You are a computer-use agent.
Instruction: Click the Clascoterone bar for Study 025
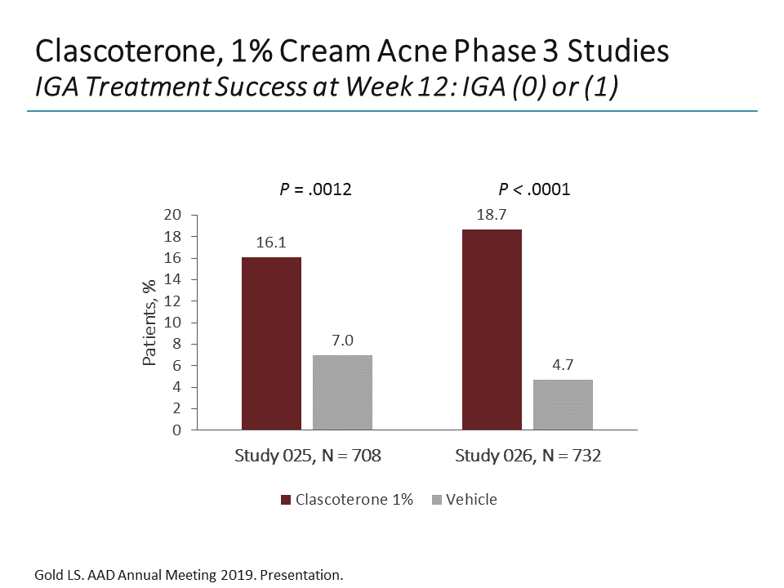click(x=272, y=343)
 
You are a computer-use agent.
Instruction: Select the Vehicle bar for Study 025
click(x=342, y=392)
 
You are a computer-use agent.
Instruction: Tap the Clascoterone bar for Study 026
click(x=492, y=329)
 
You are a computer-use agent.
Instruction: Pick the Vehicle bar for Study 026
click(x=563, y=404)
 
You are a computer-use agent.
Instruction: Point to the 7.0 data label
click(x=342, y=341)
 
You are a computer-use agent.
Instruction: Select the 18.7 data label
click(x=492, y=216)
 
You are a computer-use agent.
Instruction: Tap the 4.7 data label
click(x=563, y=366)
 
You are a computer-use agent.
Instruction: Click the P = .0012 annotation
click(x=315, y=190)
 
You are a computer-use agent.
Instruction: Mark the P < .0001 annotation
click(x=535, y=190)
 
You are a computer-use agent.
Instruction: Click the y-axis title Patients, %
click(x=149, y=323)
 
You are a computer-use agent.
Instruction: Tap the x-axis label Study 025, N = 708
click(x=308, y=456)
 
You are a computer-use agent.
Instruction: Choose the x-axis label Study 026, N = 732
click(x=528, y=456)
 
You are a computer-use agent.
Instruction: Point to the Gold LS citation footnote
click(x=189, y=575)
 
